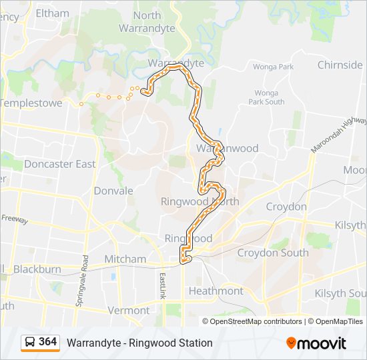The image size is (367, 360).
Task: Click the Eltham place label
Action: coord(52,13)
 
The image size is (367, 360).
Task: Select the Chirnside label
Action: coord(340,65)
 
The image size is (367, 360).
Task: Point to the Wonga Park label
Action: coord(273,67)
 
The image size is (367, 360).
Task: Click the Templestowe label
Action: coord(31,103)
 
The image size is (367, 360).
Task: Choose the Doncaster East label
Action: coord(59,164)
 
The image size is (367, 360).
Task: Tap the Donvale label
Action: coord(113,191)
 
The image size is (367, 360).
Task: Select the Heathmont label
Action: coord(216,291)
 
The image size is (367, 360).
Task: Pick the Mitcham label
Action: coord(125,259)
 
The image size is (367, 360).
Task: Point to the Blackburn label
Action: coord(37,270)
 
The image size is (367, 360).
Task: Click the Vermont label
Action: coord(128,310)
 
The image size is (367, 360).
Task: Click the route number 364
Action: coord(48,342)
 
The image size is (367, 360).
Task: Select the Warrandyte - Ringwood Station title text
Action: coord(139,343)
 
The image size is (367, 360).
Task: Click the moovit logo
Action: coord(316,343)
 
